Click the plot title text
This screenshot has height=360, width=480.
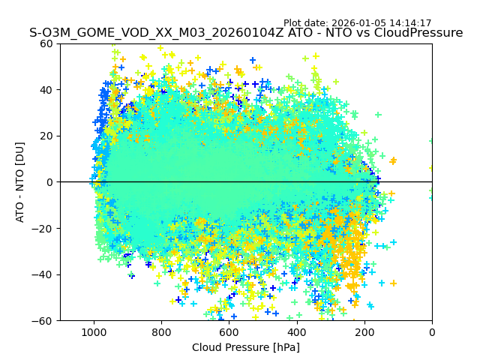pos(246,33)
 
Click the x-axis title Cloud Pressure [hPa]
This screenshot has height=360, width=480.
pos(246,347)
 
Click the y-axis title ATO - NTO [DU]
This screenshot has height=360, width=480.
pos(20,182)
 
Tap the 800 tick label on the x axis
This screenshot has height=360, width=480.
pos(161,331)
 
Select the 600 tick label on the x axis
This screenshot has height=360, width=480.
pos(229,331)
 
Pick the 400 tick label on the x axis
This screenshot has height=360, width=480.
pos(296,331)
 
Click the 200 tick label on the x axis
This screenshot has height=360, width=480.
pos(364,331)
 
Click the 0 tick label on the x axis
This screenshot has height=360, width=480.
pos(432,331)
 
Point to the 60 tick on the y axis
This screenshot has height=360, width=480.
pos(47,43)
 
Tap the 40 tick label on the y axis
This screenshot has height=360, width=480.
pos(47,90)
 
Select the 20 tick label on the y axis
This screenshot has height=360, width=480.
pos(47,136)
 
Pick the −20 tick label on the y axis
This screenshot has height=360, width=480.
pos(44,228)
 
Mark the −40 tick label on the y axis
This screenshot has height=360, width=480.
pos(44,274)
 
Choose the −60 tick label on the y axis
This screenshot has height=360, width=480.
pos(44,320)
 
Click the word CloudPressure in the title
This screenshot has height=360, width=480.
pos(422,33)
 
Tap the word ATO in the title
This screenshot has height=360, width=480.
pos(297,33)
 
